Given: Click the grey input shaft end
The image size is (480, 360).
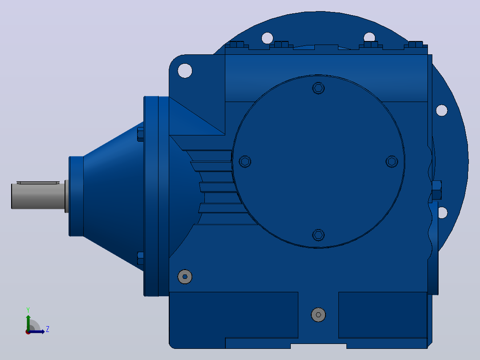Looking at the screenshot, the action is coord(38,196).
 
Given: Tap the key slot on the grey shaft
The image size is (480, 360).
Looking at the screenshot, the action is coord(38,183).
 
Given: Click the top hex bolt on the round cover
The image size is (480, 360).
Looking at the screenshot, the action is coord(318,88).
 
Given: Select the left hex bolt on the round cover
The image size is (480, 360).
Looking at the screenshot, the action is coord(245,161).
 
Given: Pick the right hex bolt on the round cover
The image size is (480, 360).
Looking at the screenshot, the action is coord(392,161).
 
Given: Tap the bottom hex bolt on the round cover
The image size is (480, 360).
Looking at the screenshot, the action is coord(318,235).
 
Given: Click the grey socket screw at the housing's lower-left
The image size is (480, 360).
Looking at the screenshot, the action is coord(185,277).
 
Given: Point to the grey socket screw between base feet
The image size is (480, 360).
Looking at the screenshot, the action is coord(318,315).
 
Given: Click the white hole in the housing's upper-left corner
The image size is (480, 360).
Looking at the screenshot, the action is coord(185,70).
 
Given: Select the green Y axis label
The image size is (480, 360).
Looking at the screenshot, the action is coord(28,310).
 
